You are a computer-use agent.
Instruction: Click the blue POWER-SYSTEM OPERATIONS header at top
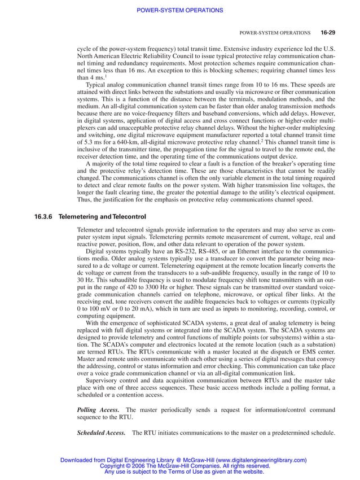(180, 10)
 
